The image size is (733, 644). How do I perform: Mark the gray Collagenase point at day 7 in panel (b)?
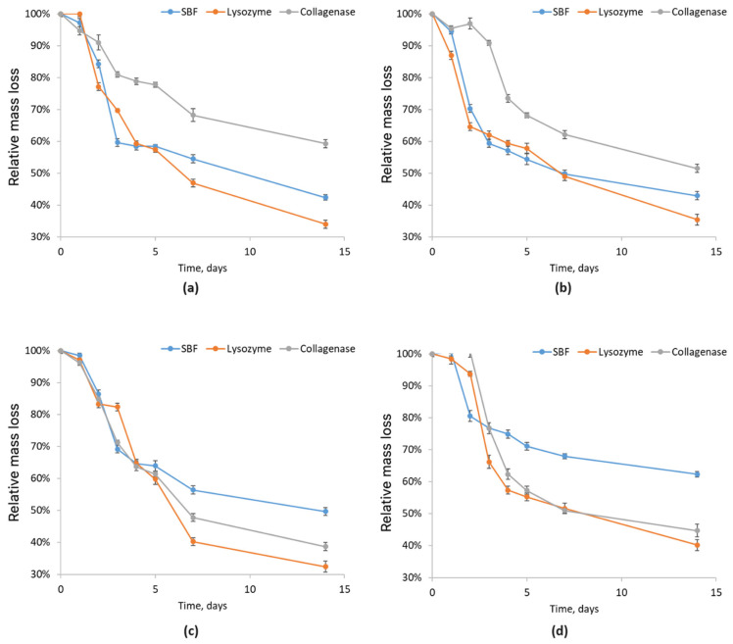[564, 134]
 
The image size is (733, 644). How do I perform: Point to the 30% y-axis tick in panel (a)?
[39, 237]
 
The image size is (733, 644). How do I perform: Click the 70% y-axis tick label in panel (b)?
[410, 110]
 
